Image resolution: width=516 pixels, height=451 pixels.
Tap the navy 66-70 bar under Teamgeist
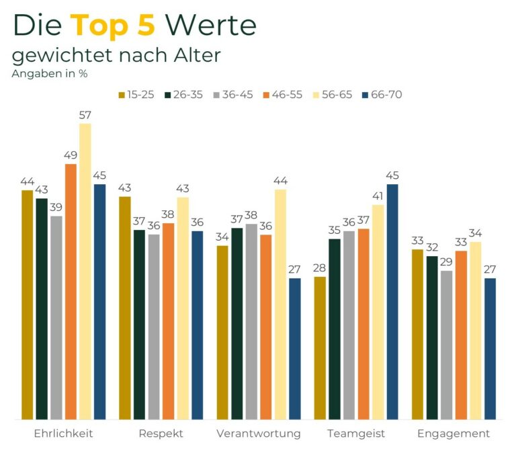392,302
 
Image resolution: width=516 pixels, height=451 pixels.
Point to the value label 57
85,115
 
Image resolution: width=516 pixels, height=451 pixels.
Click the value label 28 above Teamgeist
319,268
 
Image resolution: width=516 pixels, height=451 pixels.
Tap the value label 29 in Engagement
446,262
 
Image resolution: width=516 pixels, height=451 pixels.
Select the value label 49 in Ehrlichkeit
71,155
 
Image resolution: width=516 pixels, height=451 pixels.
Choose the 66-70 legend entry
382,94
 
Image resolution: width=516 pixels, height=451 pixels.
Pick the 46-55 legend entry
284,94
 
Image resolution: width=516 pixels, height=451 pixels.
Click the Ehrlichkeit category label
63,433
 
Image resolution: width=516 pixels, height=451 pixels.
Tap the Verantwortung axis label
259,433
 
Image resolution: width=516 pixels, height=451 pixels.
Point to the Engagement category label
454,433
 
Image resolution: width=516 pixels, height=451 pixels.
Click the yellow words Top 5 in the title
113,25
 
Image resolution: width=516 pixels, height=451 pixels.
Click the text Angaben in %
49,73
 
